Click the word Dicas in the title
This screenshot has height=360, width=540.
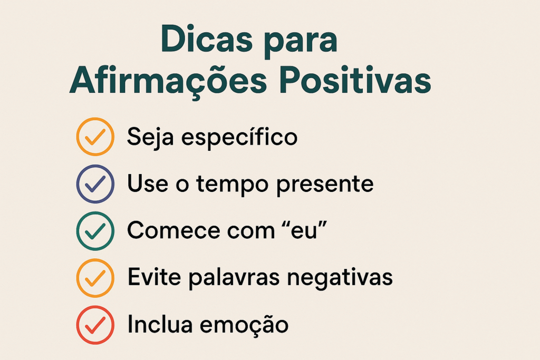[x=207, y=38]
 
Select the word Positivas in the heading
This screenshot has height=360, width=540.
[x=355, y=80]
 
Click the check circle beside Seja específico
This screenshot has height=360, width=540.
[x=95, y=137]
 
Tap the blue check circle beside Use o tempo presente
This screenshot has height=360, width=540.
[x=95, y=184]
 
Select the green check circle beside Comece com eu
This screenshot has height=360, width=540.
[x=95, y=230]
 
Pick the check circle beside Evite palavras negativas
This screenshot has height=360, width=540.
[x=95, y=278]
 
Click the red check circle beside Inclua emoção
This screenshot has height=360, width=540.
[x=95, y=325]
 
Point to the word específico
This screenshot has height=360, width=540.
[x=239, y=138]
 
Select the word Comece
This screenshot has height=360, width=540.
[x=173, y=230]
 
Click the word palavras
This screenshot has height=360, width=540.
[x=234, y=277]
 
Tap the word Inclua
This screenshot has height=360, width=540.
[x=160, y=324]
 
